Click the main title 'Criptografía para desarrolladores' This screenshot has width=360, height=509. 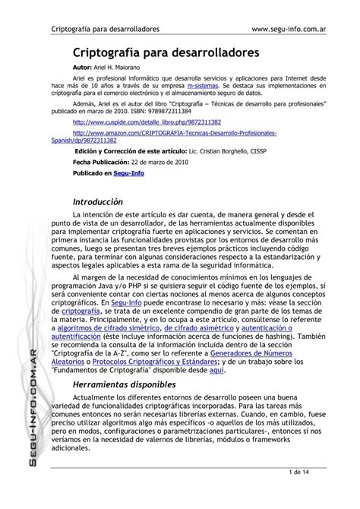point(166,53)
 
